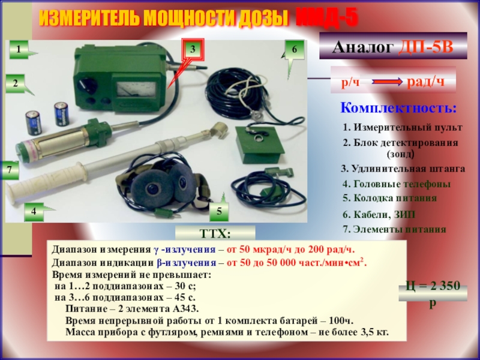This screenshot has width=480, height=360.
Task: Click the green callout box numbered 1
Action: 19,49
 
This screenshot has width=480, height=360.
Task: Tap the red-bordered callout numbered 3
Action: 193,49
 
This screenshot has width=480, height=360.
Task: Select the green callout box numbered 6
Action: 295,49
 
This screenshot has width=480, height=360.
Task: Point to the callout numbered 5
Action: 219,212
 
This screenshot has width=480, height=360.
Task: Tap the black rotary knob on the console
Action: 87,85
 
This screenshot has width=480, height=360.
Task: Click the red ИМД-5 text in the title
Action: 327,18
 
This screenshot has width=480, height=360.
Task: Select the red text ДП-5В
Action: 425,47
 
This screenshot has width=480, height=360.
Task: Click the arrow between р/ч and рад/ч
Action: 387,82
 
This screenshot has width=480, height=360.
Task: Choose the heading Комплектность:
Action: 398,108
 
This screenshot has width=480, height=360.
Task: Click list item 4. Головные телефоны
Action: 397,184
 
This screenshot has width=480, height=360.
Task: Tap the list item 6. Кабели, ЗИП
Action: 379,214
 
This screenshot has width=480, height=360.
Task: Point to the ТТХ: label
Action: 215,234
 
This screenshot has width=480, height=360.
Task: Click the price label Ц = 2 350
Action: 433,286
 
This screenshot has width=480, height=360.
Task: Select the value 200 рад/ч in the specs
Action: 331,250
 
